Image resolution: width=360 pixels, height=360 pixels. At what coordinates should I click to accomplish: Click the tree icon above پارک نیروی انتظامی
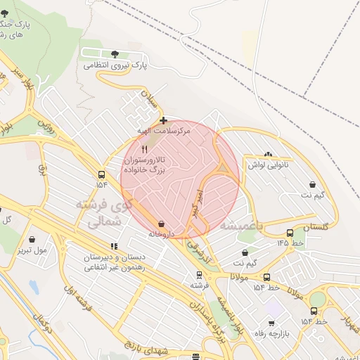pos(115,53)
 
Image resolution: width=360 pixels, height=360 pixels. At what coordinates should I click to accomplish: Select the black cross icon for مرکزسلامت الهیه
pos(164,121)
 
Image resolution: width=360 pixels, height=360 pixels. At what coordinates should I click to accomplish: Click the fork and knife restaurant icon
pos(144,149)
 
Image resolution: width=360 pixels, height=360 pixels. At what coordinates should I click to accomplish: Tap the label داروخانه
pos(162,233)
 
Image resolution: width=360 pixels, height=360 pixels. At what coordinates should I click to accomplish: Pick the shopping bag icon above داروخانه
pos(162,224)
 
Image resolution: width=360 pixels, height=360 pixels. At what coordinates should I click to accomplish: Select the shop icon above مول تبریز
pos(34,240)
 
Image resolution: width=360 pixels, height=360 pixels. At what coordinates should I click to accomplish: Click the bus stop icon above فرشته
pos(200,275)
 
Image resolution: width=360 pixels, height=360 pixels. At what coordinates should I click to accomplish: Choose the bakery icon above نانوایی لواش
pos(268,155)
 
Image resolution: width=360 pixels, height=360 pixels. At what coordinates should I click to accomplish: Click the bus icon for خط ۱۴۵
pos(290,233)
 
